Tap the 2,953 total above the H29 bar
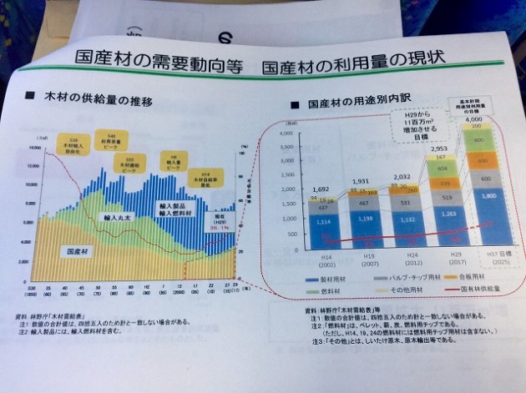[440, 148]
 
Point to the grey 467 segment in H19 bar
[360, 203]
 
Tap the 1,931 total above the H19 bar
[358, 182]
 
